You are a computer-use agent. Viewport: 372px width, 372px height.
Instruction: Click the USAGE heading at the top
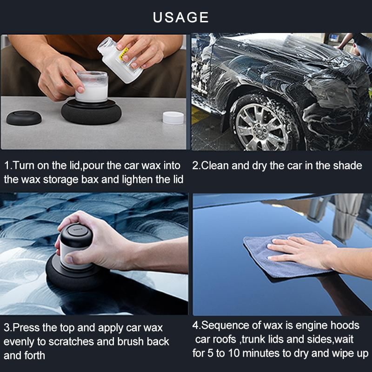pyautogui.click(x=181, y=17)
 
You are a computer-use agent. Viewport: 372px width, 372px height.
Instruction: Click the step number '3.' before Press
pyautogui.click(x=8, y=328)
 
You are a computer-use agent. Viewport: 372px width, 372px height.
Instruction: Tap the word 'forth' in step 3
pyautogui.click(x=33, y=356)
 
